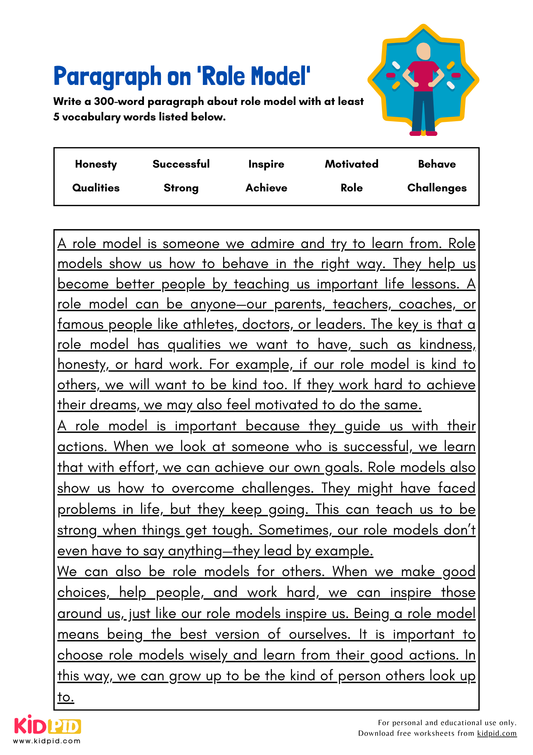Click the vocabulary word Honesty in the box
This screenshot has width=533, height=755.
pyautogui.click(x=96, y=164)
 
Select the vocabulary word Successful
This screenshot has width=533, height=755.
pyautogui.click(x=181, y=164)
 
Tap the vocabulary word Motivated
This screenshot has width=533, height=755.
pyautogui.click(x=351, y=164)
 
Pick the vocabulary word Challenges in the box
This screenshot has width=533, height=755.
pyautogui.click(x=437, y=188)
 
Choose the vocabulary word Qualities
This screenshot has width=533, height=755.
pyautogui.click(x=96, y=188)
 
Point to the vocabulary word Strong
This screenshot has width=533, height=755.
pyautogui.click(x=181, y=188)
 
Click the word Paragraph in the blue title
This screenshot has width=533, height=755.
pyautogui.click(x=107, y=77)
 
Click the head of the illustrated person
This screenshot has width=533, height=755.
pyautogui.click(x=423, y=51)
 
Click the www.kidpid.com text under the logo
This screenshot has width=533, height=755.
pyautogui.click(x=47, y=741)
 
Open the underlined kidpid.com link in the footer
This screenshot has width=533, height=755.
pyautogui.click(x=496, y=733)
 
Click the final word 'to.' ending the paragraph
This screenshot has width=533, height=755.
pyautogui.click(x=66, y=697)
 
